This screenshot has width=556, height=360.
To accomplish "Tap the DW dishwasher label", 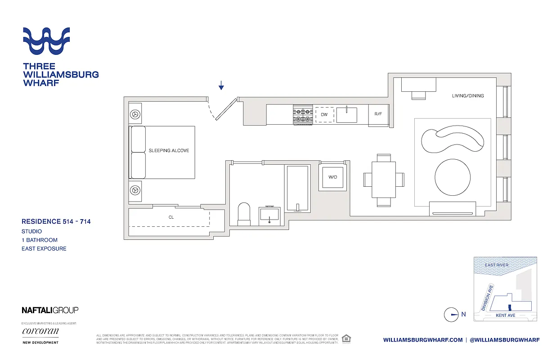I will coord(324,115).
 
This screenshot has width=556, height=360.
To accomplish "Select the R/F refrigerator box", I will coord(378,114).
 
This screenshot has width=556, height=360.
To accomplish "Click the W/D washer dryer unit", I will coord(332,177).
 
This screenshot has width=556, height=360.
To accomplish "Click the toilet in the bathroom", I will coord(243,215).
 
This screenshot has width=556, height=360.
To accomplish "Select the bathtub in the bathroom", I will coord(297,188).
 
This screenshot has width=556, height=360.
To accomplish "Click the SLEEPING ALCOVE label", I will coord(169,151).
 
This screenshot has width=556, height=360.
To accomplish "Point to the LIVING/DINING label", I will coord(468,96).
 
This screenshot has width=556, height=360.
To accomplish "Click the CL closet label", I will coord(171,217).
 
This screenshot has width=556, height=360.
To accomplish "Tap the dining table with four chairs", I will coord(384,180).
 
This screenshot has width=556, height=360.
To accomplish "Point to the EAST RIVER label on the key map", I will coord(497,265).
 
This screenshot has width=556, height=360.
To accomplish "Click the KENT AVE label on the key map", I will coord(505,315).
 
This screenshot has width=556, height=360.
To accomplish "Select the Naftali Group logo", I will coord(50,310).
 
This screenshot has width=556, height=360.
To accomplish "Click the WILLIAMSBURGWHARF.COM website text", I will coord(423,340).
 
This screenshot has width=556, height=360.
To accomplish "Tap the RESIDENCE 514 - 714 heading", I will coord(56,221).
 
